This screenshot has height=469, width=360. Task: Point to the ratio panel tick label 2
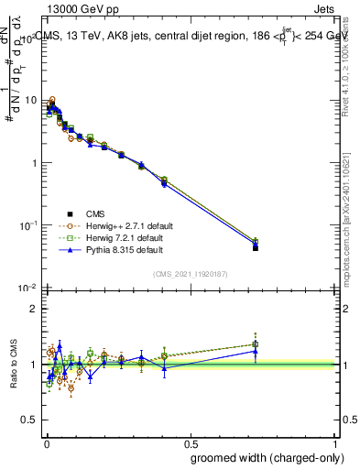tap(33, 309)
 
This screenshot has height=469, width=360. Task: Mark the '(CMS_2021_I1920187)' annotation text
tap(191, 273)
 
